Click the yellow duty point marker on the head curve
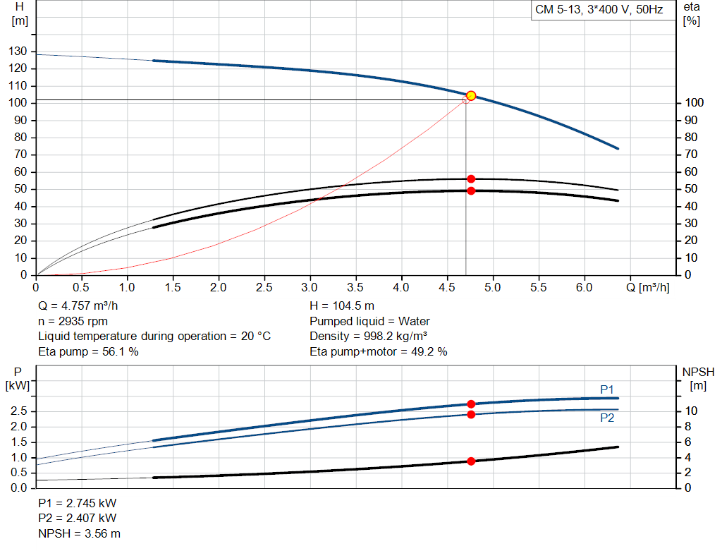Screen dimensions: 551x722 coord(471,96)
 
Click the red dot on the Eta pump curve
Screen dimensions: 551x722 coord(471,179)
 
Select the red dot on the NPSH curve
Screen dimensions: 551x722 coord(471,461)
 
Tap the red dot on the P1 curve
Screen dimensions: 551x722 coord(471,404)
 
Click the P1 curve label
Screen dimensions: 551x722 coord(607,389)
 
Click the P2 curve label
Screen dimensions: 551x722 coord(607,418)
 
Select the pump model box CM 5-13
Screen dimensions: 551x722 coord(599,11)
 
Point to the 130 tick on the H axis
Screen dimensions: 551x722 coord(19,52)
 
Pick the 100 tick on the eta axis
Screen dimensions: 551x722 coord(693,103)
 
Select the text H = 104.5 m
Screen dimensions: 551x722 coord(342,306)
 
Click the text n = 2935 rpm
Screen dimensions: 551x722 coord(73,321)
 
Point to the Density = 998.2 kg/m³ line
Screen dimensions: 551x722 coord(369,336)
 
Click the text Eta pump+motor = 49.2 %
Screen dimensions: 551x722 coord(378,351)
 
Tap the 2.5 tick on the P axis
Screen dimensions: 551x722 coord(19,411)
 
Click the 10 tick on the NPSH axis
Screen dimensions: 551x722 coord(691,411)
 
